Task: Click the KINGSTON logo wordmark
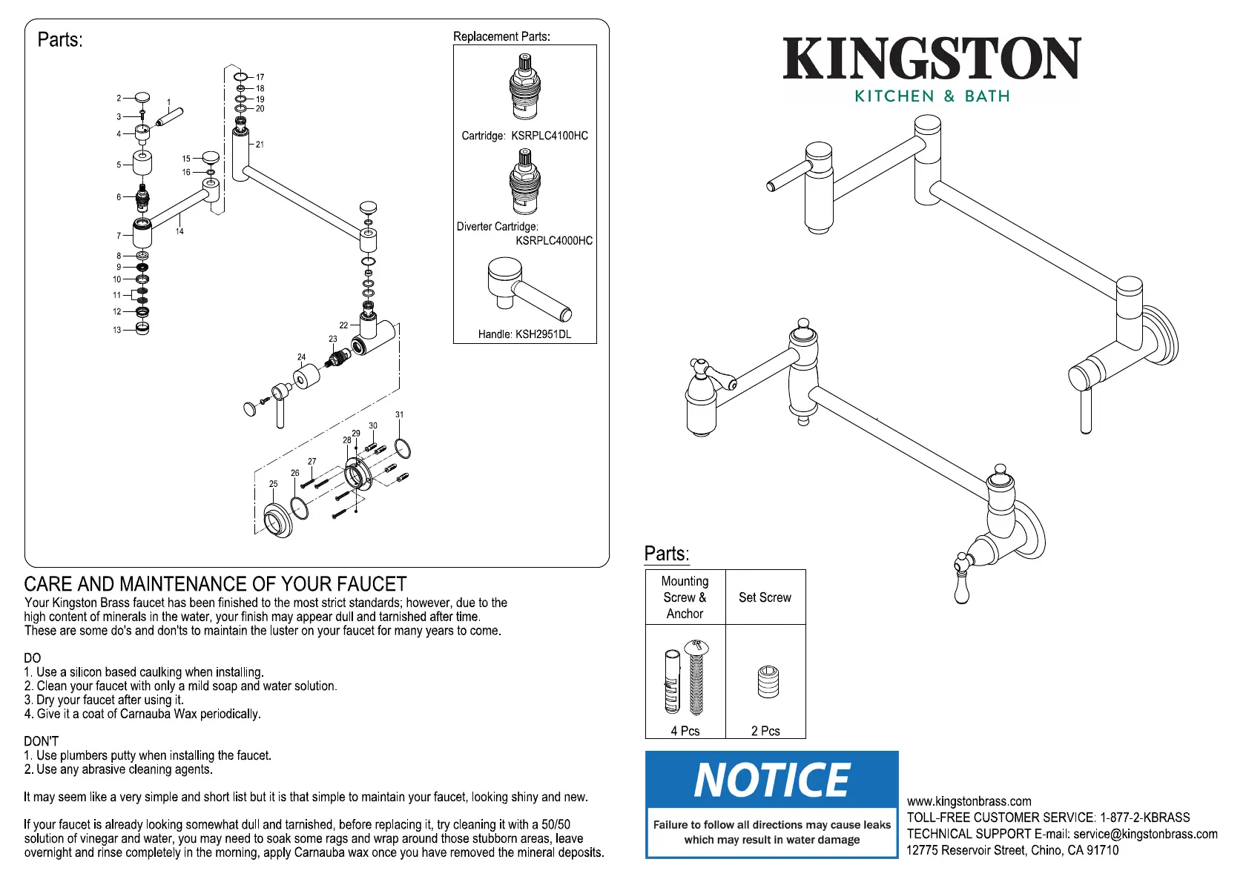coord(932,59)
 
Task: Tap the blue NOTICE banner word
coord(771,780)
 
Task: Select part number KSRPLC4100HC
coord(550,136)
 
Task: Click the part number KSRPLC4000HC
coord(554,241)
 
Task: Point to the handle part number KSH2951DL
coord(543,334)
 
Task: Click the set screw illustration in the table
coord(768,681)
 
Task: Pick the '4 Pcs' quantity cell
coord(685,731)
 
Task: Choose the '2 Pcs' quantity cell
coord(765,731)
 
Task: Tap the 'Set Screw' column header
coord(765,597)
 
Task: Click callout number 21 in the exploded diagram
coord(260,145)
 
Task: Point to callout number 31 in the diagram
coord(400,415)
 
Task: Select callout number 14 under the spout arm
coord(179,231)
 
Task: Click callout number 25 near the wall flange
coord(274,484)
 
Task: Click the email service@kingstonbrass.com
coord(1145,834)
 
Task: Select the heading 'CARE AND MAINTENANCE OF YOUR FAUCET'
coord(215,584)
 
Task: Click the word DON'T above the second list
coord(41,741)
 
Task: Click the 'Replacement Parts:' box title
coord(501,36)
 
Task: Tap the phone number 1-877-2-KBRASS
coord(1145,818)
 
